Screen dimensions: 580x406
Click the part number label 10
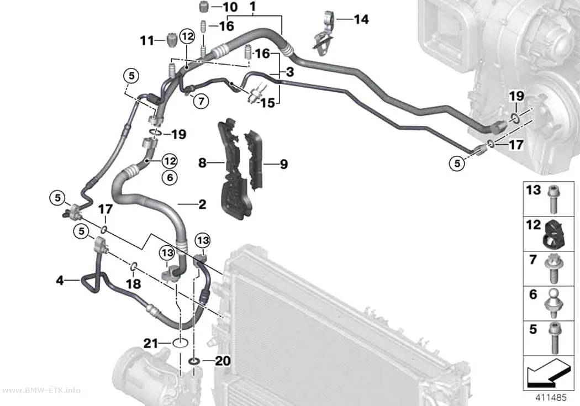click(x=230, y=7)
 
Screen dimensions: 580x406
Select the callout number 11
click(x=147, y=40)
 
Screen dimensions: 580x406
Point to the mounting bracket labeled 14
click(x=324, y=34)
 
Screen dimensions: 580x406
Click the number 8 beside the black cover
click(x=202, y=163)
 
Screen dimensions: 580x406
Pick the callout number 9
click(x=284, y=164)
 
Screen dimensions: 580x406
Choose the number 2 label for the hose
click(x=202, y=204)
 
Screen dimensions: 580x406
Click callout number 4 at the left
click(x=60, y=281)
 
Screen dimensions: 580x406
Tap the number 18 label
click(x=134, y=284)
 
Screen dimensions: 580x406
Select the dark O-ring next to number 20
click(x=194, y=361)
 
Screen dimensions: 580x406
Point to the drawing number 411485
click(x=551, y=398)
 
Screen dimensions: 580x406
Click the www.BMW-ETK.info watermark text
click(x=40, y=391)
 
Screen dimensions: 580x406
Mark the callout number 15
click(x=268, y=102)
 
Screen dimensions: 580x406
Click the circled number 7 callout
click(x=201, y=101)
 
